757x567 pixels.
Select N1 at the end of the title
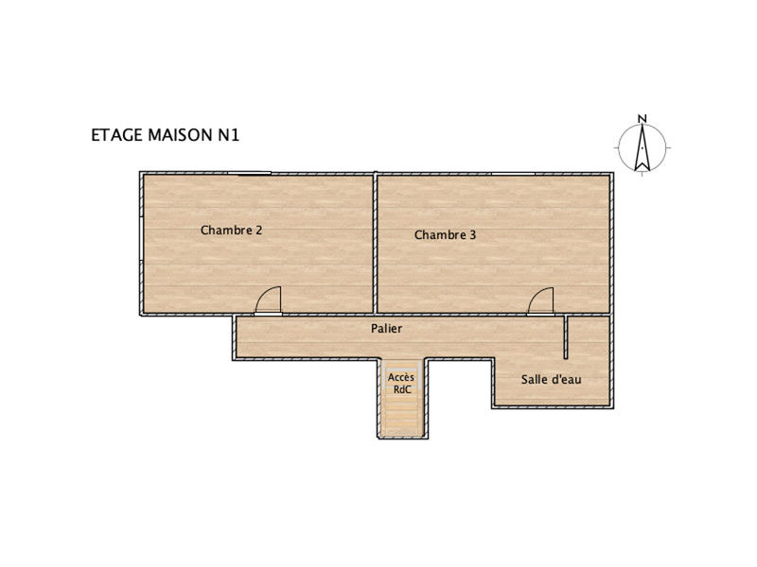230,135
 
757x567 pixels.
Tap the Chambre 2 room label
231,230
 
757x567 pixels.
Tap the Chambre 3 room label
445,235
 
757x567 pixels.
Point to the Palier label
386,329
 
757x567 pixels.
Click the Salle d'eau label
551,380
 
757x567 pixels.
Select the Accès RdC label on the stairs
400,383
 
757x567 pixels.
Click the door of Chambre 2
269,302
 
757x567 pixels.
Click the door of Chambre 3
541,302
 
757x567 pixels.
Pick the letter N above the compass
642,119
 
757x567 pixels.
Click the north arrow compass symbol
642,149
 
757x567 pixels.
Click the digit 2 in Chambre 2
258,230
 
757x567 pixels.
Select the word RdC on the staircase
400,388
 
